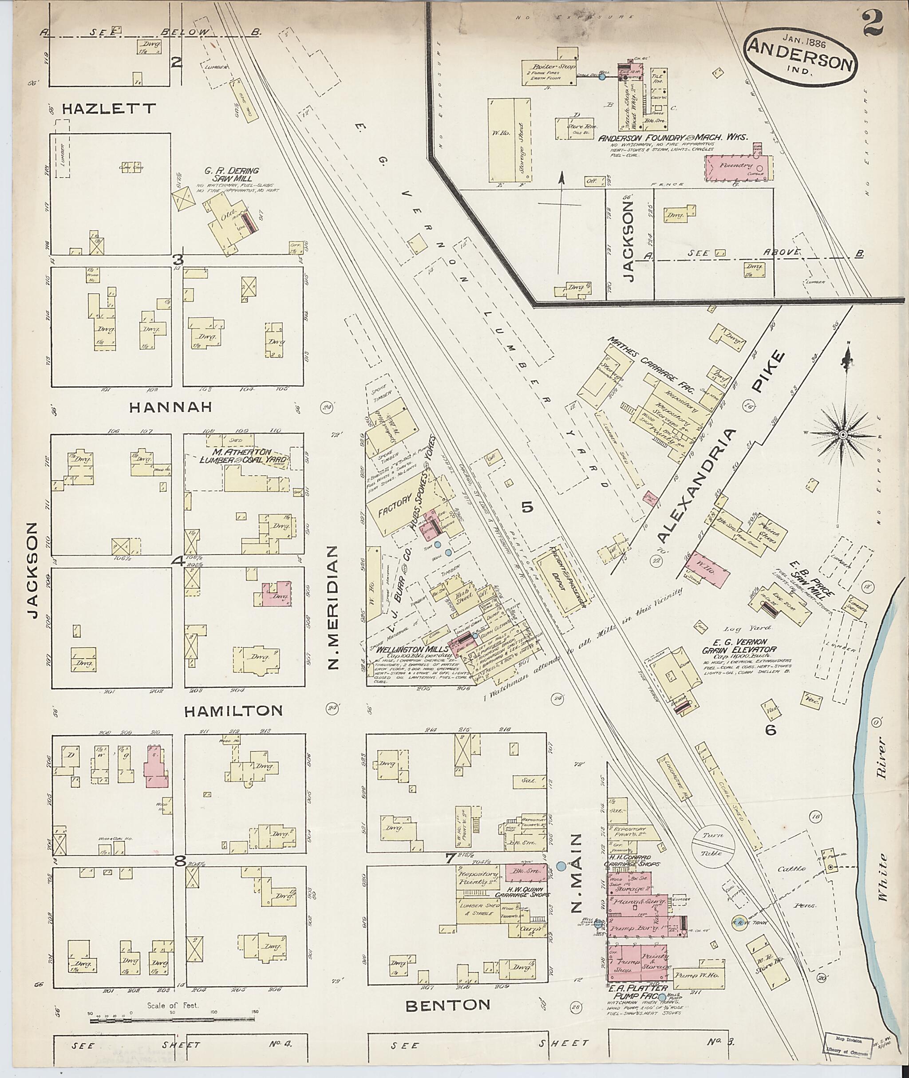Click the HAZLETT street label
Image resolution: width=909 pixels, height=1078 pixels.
coord(108,109)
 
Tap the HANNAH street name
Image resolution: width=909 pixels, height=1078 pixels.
coord(170,407)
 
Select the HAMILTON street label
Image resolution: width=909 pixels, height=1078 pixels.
coord(233,711)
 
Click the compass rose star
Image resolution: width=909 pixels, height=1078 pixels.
coord(843,435)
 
